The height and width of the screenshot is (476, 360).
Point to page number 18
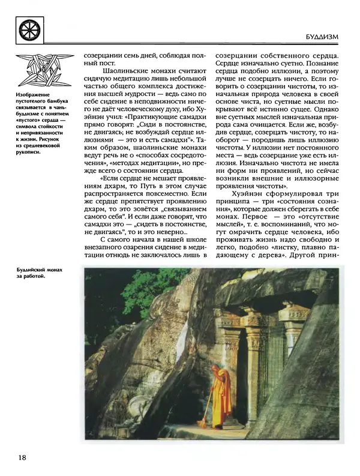[22, 458]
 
